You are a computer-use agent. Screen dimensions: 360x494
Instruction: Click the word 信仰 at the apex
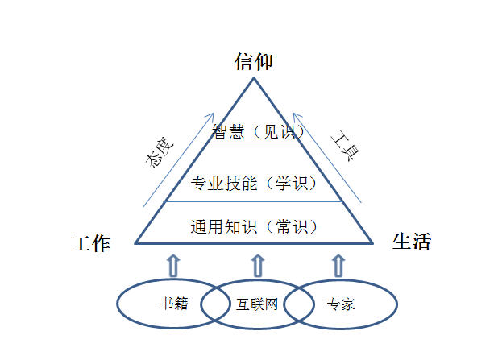pos(255,61)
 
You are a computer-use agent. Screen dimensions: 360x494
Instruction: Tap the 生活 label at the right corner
pos(411,242)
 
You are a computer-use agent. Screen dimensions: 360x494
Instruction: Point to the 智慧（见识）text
pos(255,132)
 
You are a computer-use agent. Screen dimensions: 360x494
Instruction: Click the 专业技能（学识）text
pos(255,184)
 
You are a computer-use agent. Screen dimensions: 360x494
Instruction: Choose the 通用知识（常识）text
pos(255,226)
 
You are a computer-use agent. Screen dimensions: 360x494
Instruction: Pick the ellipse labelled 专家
pos(355,304)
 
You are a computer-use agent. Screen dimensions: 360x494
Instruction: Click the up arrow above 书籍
pos(172,264)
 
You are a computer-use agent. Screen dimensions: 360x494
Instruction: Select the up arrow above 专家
pos(338,264)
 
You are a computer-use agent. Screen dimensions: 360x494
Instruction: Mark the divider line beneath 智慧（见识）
pos(255,147)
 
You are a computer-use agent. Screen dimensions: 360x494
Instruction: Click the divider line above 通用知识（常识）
pos(255,201)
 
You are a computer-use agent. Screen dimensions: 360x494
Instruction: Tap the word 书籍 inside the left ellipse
pos(174,304)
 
